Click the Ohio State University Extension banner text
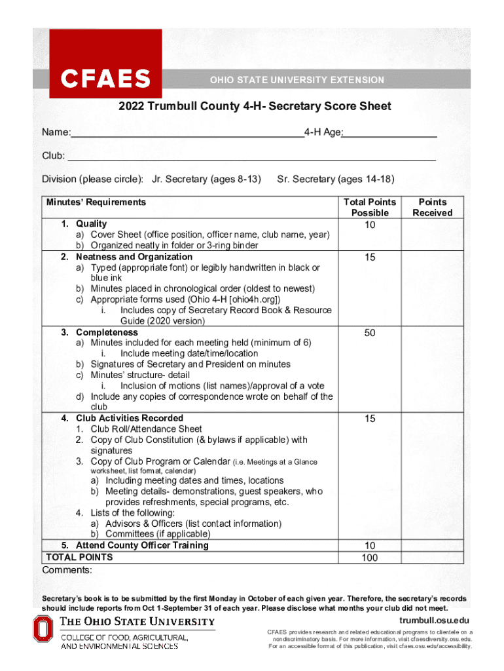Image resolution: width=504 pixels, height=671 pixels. [x=297, y=80]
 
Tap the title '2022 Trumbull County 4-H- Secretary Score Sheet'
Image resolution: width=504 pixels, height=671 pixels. [x=255, y=106]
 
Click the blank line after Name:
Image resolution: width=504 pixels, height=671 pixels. [x=187, y=134]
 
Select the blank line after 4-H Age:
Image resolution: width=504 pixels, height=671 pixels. [x=390, y=134]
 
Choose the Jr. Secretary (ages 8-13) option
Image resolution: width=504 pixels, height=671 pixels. [x=206, y=179]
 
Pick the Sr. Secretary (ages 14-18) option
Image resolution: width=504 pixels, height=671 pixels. [x=336, y=179]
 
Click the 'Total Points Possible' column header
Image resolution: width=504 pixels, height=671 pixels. [x=370, y=208]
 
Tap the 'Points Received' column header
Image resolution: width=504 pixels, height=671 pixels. [x=433, y=208]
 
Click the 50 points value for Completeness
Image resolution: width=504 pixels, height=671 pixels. [x=370, y=333]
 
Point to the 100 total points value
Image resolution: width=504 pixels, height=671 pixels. [x=370, y=558]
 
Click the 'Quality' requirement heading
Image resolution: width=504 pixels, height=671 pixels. [x=91, y=224]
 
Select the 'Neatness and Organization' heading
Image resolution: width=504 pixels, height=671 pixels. [x=134, y=257]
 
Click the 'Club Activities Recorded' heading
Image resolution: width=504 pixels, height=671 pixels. [x=129, y=418]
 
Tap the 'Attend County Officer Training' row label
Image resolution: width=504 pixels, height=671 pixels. [x=141, y=545]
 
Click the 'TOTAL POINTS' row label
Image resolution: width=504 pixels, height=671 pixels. [x=79, y=557]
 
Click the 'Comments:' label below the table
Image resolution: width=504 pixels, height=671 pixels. [x=67, y=570]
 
